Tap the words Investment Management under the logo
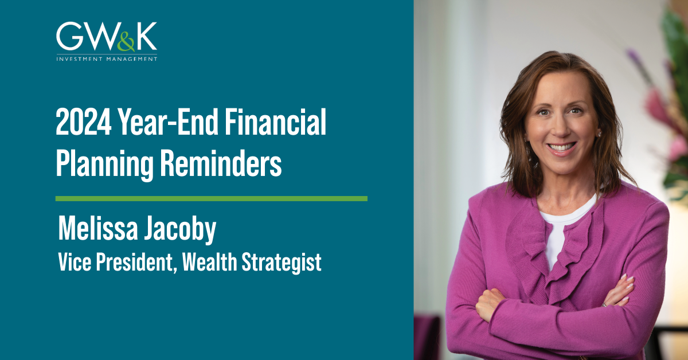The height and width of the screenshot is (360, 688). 107,58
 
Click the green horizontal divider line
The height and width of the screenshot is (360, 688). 211,198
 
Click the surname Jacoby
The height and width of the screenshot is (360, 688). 185,230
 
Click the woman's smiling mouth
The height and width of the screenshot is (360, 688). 562,147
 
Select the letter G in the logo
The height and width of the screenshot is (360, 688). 69,37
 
